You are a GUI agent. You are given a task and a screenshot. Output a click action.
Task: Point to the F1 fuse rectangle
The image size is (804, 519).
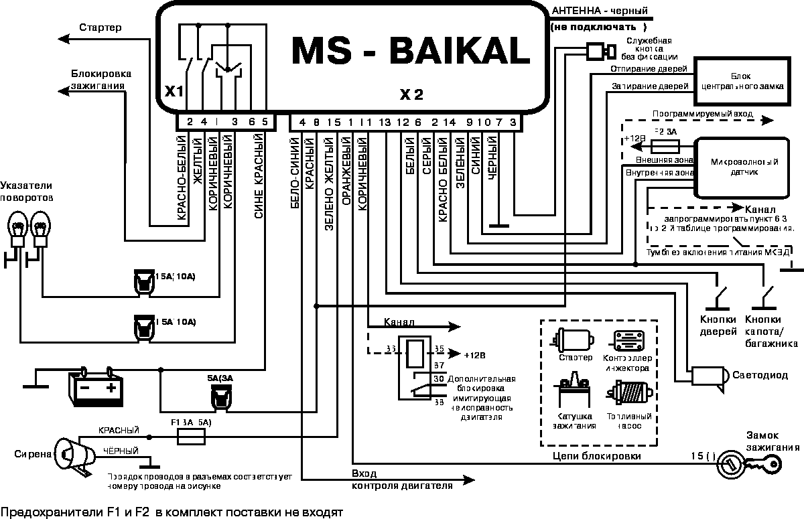[191, 437]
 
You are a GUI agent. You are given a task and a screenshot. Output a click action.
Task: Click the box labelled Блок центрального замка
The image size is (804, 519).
[736, 81]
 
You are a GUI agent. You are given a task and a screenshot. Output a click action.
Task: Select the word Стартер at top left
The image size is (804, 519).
[100, 27]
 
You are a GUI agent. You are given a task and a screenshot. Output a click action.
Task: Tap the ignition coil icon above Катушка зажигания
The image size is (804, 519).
[572, 392]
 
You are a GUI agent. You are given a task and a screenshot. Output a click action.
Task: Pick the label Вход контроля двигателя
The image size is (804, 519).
[401, 479]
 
